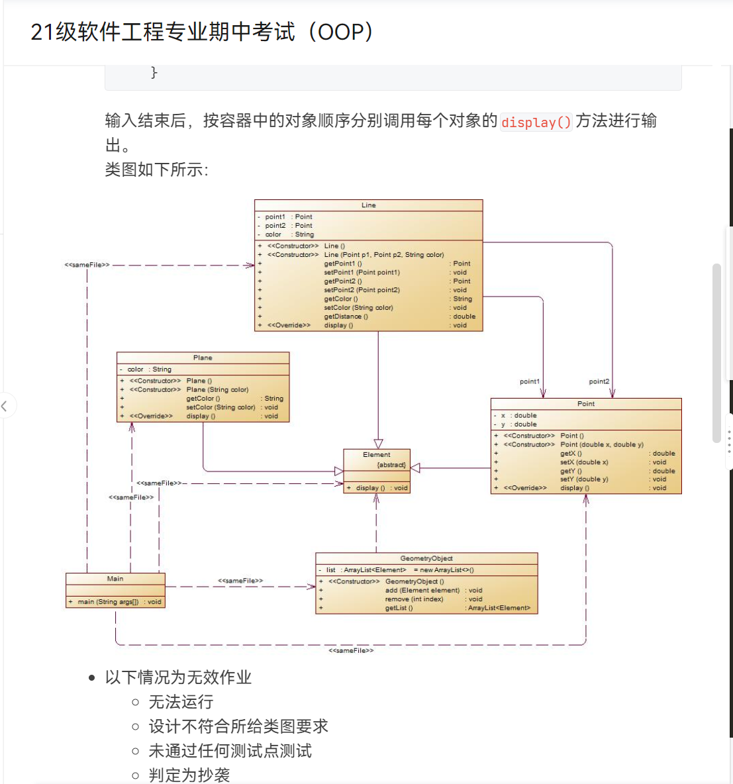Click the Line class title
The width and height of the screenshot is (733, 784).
(x=369, y=205)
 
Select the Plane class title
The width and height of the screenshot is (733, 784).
(x=203, y=358)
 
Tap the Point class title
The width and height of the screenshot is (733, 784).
(x=586, y=403)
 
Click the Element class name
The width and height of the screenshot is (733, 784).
(x=376, y=455)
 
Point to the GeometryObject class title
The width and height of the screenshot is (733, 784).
(x=426, y=558)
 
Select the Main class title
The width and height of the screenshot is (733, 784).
(x=115, y=579)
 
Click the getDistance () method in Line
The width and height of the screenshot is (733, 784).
(x=346, y=317)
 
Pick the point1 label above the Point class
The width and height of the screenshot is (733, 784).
(x=530, y=381)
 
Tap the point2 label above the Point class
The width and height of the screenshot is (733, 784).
(x=599, y=381)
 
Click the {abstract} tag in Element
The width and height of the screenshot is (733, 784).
(x=391, y=465)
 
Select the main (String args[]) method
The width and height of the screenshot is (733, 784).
(x=108, y=602)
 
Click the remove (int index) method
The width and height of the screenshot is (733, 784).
(x=414, y=599)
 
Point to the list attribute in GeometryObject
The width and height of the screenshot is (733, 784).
(x=330, y=570)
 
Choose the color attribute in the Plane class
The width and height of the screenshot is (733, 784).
(x=136, y=369)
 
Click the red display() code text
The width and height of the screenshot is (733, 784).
(x=536, y=122)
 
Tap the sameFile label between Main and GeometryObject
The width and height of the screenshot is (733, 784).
(x=240, y=581)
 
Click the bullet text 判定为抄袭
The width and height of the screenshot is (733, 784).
(x=189, y=775)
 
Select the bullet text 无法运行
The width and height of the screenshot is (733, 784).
(x=181, y=702)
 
